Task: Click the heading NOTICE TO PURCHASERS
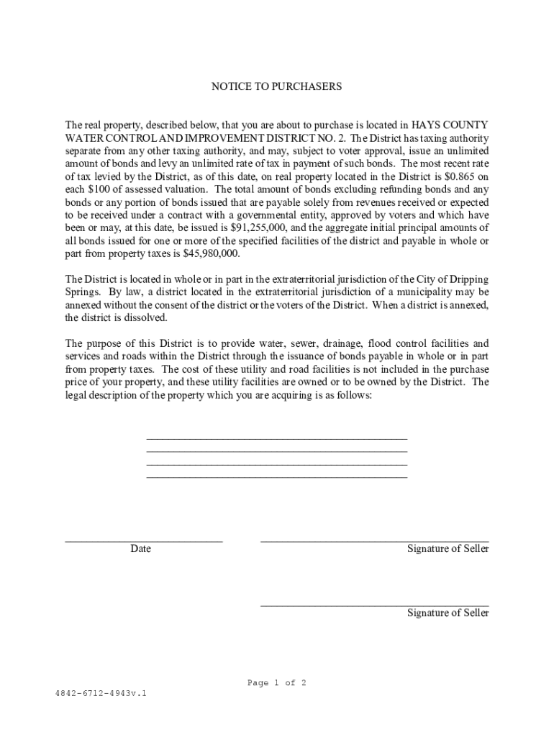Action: [x=276, y=86]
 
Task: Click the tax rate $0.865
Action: [x=459, y=176]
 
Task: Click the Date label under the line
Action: [x=140, y=549]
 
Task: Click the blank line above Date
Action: [x=144, y=540]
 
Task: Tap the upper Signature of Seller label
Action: [x=448, y=549]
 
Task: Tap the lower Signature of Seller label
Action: [x=448, y=613]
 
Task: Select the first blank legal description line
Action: [x=277, y=438]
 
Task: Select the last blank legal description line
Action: [x=277, y=476]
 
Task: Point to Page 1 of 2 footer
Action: [x=277, y=683]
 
